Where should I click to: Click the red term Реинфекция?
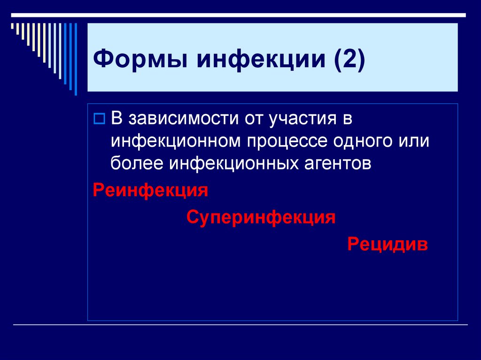click(x=150, y=191)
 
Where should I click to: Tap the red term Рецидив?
click(x=388, y=244)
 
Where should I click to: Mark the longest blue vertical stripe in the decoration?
click(x=76, y=59)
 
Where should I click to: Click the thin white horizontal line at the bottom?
click(x=240, y=325)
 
